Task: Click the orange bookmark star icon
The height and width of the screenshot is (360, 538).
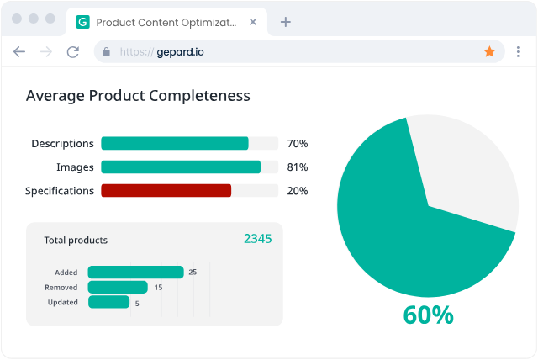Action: click(489, 51)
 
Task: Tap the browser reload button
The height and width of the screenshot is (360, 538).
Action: click(73, 51)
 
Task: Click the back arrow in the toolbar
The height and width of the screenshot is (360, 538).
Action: click(19, 51)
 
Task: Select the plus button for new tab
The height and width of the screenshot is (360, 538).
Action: click(285, 22)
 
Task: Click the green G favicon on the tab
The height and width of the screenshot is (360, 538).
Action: click(82, 22)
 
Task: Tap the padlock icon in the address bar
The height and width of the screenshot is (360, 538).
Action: click(106, 51)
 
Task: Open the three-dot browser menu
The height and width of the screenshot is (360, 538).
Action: click(518, 51)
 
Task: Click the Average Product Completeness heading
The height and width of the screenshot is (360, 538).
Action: click(138, 96)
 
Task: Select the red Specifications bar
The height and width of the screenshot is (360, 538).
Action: click(166, 191)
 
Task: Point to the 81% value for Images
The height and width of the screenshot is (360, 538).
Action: click(298, 167)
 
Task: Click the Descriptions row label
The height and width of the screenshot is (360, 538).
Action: click(62, 144)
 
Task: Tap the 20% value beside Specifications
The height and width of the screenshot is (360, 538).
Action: click(298, 191)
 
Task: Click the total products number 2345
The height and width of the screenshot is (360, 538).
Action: click(257, 239)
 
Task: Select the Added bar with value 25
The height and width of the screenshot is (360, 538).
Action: click(135, 272)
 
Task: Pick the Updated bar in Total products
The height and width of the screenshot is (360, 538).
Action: click(108, 302)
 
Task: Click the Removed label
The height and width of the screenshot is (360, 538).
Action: click(61, 287)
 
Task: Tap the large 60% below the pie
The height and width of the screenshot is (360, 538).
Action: click(428, 315)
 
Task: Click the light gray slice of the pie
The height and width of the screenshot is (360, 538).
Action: click(467, 168)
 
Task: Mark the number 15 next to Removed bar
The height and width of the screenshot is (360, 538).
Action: click(158, 288)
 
